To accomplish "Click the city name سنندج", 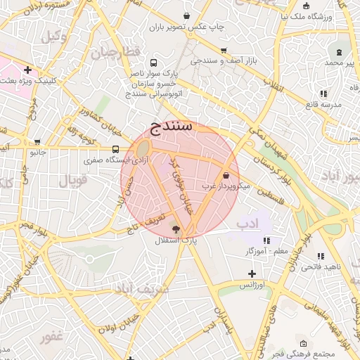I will [172, 127].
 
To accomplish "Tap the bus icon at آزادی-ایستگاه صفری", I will [115, 149].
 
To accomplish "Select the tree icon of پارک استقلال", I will [175, 229].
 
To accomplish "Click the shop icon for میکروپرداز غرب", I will [226, 176].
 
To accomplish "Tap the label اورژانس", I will [252, 285].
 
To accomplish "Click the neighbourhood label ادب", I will [248, 224].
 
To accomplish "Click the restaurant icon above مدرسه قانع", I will [324, 93].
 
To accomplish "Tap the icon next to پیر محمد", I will [340, 52].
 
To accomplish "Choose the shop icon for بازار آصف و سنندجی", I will [224, 51].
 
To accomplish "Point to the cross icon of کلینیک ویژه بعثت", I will [27, 70].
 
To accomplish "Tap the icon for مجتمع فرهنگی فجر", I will [303, 344].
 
